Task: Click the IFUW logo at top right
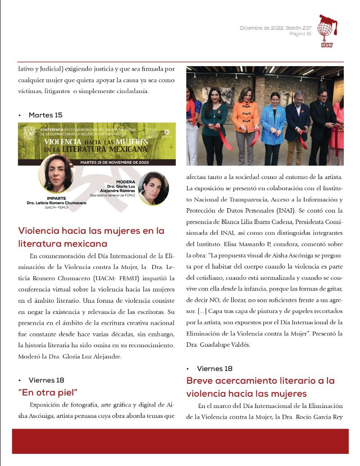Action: point(327,31)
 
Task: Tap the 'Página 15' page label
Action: point(300,34)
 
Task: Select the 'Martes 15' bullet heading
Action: point(45,115)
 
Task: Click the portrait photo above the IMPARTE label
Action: point(56,174)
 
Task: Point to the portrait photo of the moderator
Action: point(153,188)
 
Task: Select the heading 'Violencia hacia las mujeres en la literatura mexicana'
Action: point(91,237)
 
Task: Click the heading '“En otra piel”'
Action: point(48,391)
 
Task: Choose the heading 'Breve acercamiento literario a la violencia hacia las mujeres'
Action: point(261,387)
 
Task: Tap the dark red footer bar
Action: point(180,441)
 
